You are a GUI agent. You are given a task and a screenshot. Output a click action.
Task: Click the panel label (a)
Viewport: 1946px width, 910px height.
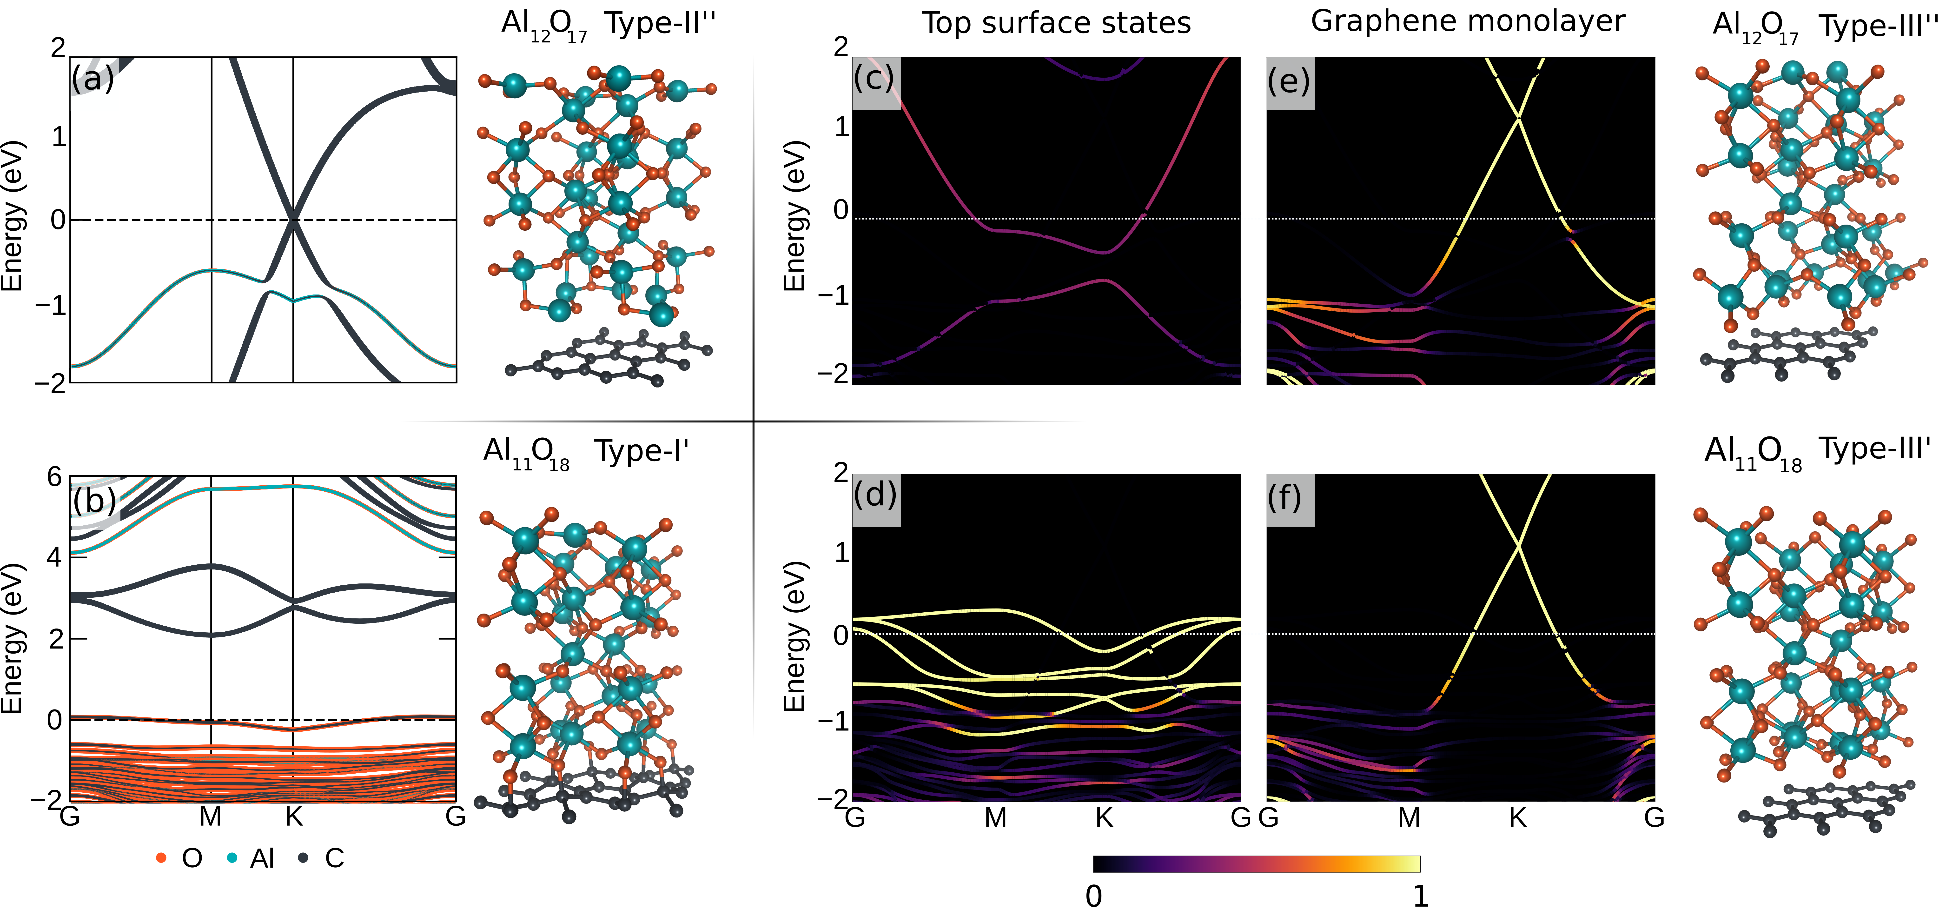click(93, 79)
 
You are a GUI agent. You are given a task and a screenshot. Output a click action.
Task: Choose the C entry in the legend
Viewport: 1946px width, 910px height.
click(334, 859)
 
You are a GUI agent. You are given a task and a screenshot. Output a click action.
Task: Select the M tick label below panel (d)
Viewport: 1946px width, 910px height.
click(996, 818)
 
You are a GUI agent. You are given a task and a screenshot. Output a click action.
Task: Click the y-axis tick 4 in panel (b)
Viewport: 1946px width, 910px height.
click(54, 558)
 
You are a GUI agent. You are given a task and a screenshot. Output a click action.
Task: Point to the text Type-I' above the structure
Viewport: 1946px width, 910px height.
click(641, 451)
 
